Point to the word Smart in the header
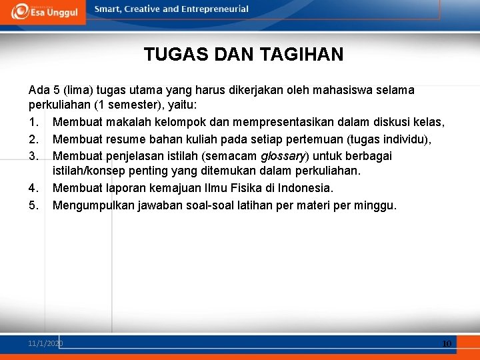click(x=109, y=9)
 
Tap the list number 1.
click(x=33, y=123)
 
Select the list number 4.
click(x=33, y=189)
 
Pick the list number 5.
click(x=33, y=205)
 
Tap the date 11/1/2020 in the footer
click(x=45, y=343)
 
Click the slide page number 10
click(x=446, y=343)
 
